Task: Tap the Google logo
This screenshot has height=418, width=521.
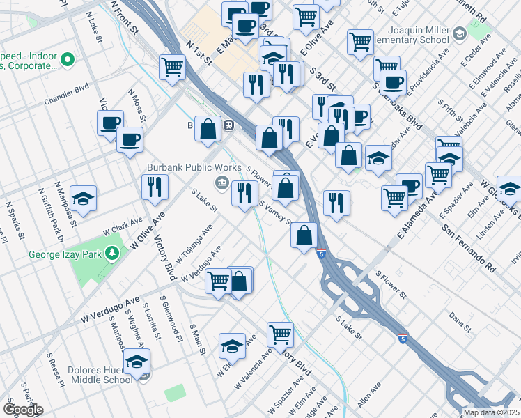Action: coord(23,410)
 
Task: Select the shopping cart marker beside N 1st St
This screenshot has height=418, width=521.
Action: coord(172,68)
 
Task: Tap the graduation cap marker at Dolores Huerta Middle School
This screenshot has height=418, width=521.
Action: coord(137,362)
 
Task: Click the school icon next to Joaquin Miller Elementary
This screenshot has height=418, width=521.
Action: coord(459,33)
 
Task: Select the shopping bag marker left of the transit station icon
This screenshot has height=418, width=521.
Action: coord(208,127)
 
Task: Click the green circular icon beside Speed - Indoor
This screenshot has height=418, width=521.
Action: coord(68,59)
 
